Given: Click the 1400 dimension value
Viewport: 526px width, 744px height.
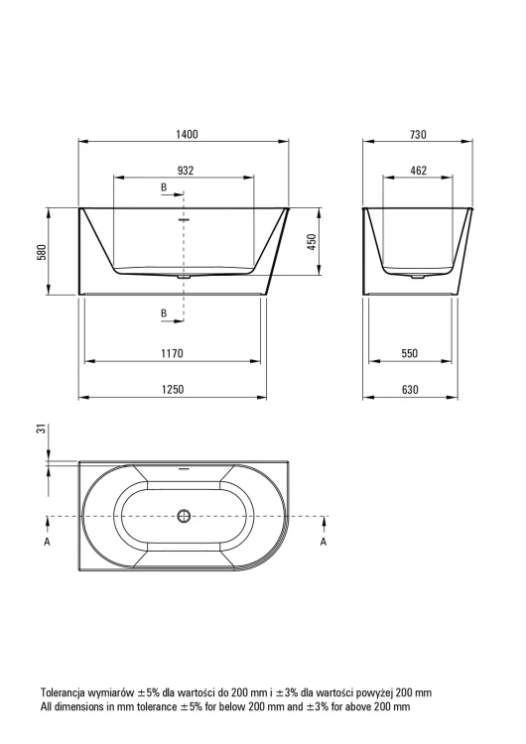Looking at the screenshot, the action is pos(187,134).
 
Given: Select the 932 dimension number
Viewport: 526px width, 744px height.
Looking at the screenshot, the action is pos(186,171).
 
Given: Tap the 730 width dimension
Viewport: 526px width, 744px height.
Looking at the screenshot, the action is pos(418,135).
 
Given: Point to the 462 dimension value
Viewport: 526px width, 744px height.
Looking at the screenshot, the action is pos(418,171).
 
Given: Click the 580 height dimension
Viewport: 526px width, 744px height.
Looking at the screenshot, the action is pos(42,252).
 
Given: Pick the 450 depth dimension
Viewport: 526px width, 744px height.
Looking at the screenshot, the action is pos(312,242).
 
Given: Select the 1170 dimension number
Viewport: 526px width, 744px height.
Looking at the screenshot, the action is pos(172,353).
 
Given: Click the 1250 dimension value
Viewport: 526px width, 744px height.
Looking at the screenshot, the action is pos(173,390).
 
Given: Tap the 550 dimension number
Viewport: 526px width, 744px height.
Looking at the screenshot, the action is pos(409,353).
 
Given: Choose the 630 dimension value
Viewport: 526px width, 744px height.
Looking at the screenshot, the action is pos(410,390).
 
